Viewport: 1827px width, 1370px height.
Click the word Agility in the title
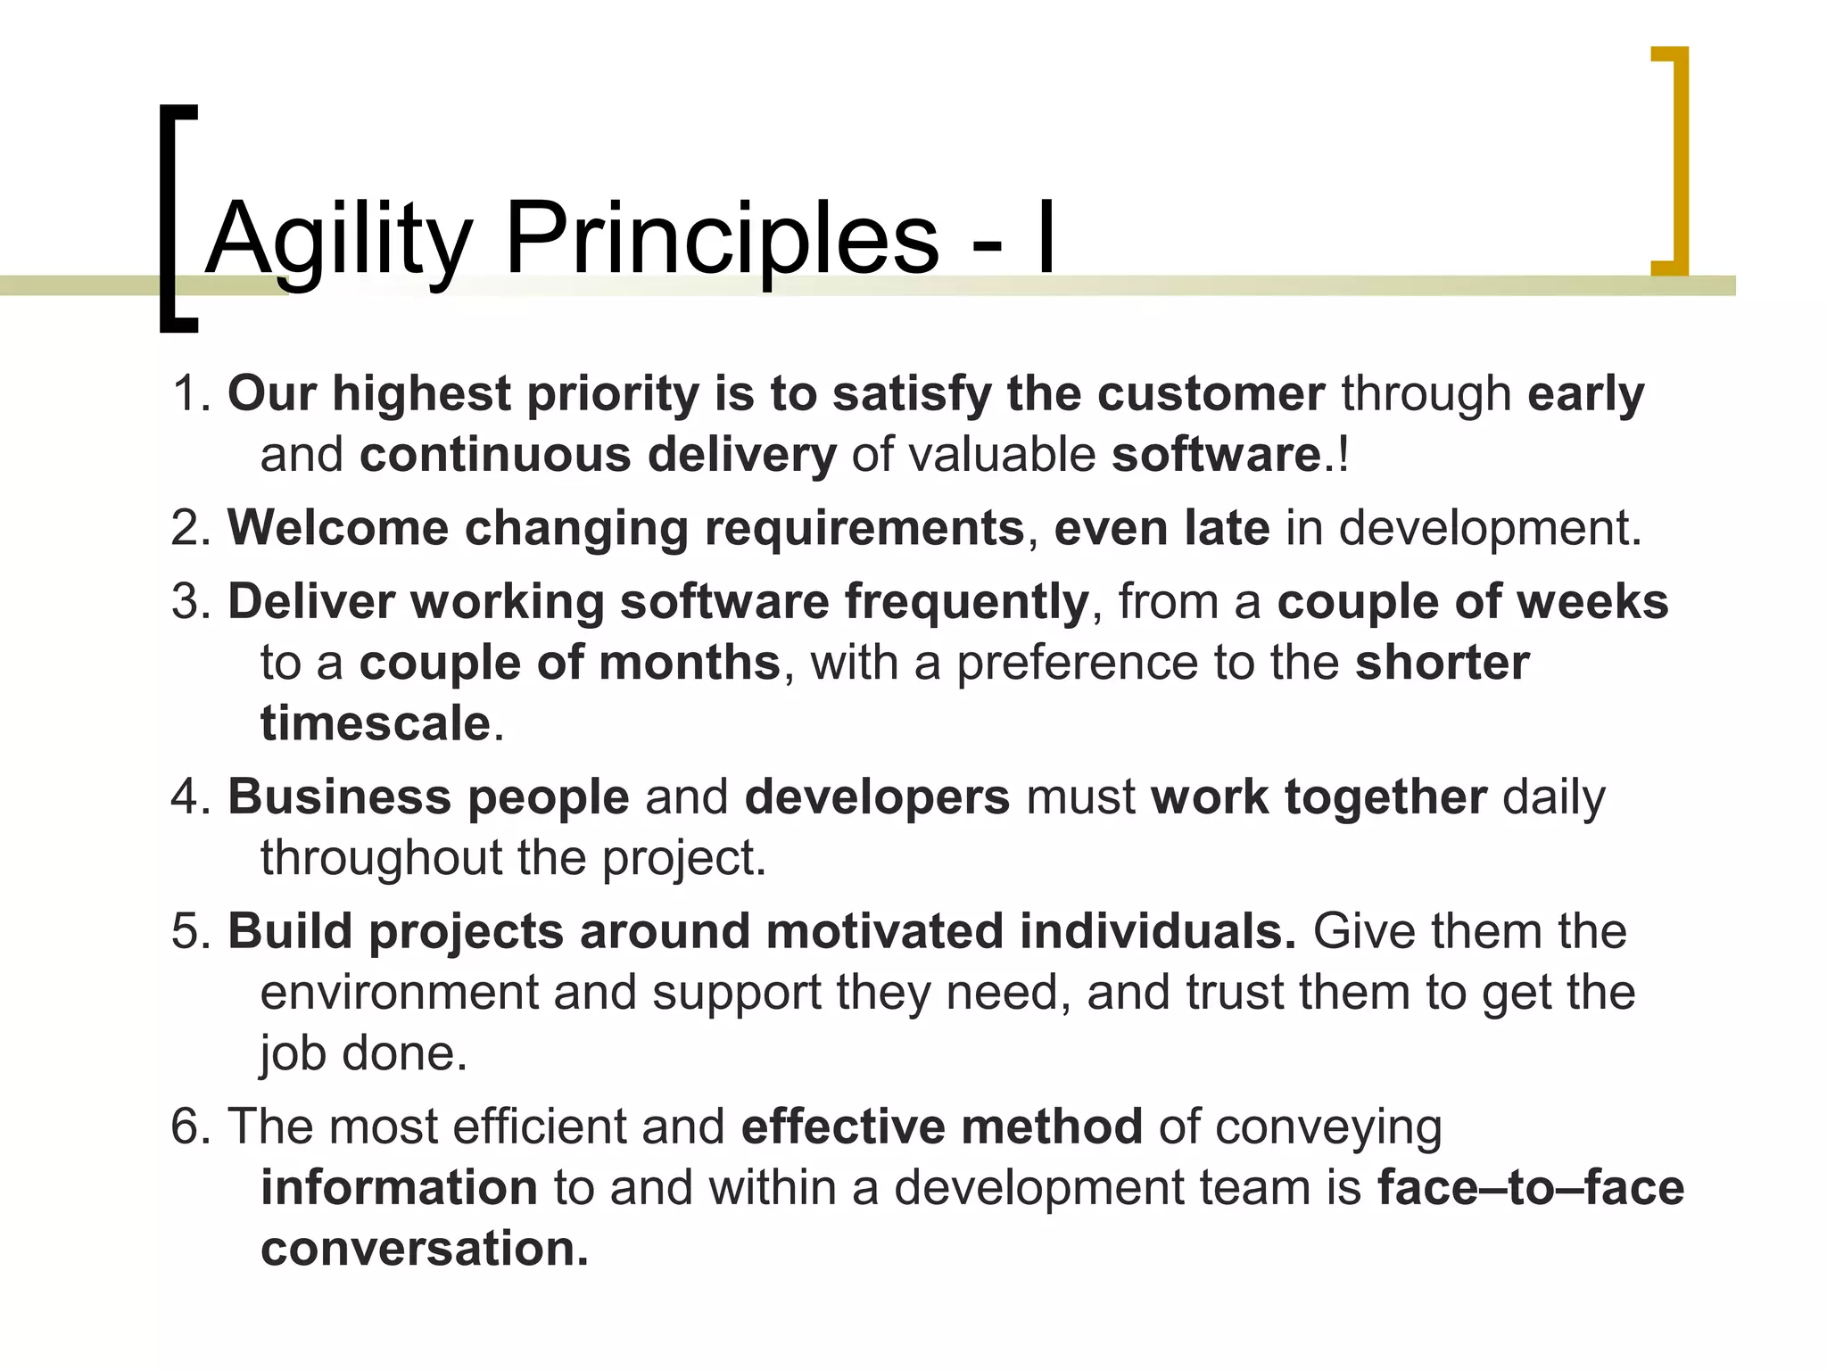click(338, 239)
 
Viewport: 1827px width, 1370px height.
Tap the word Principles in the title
click(722, 239)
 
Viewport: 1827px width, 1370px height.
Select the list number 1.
click(188, 393)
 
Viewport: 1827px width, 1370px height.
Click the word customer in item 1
click(1211, 393)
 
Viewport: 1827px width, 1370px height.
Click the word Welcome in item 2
click(338, 527)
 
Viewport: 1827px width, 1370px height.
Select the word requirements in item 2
click(864, 527)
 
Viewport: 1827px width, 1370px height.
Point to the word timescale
click(376, 722)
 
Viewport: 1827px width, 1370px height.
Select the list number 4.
click(188, 796)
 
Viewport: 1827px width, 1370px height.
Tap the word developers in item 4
click(877, 796)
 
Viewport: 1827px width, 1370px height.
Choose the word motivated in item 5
click(884, 931)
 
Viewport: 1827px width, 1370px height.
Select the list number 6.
click(188, 1127)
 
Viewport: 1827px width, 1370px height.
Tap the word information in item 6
click(399, 1187)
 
